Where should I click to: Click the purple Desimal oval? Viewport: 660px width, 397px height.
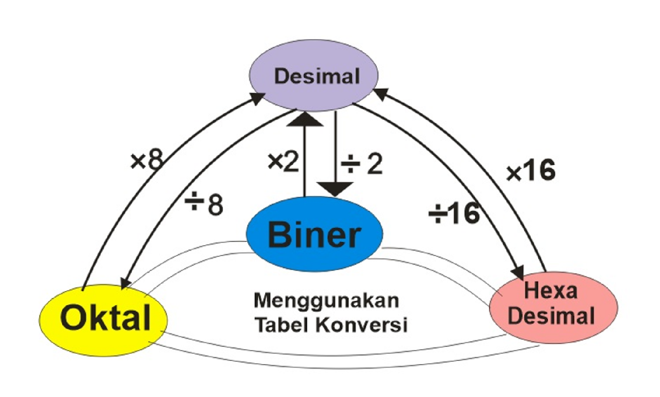click(x=313, y=76)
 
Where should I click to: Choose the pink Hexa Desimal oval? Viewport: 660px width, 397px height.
click(x=553, y=307)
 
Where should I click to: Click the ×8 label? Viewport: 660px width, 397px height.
click(x=147, y=160)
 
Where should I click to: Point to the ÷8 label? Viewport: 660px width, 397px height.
click(x=204, y=204)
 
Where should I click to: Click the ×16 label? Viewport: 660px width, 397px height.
click(x=531, y=170)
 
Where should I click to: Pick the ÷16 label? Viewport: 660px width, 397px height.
click(x=454, y=213)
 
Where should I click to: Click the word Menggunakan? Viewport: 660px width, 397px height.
click(x=326, y=300)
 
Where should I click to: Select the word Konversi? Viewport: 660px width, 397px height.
click(x=362, y=324)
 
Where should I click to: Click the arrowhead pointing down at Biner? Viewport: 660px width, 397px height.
click(x=335, y=190)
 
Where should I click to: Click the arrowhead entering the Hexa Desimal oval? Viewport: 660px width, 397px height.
click(x=518, y=273)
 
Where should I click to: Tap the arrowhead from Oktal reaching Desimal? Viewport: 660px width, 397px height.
click(x=258, y=98)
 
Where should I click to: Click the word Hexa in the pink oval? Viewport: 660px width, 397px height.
click(x=550, y=291)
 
